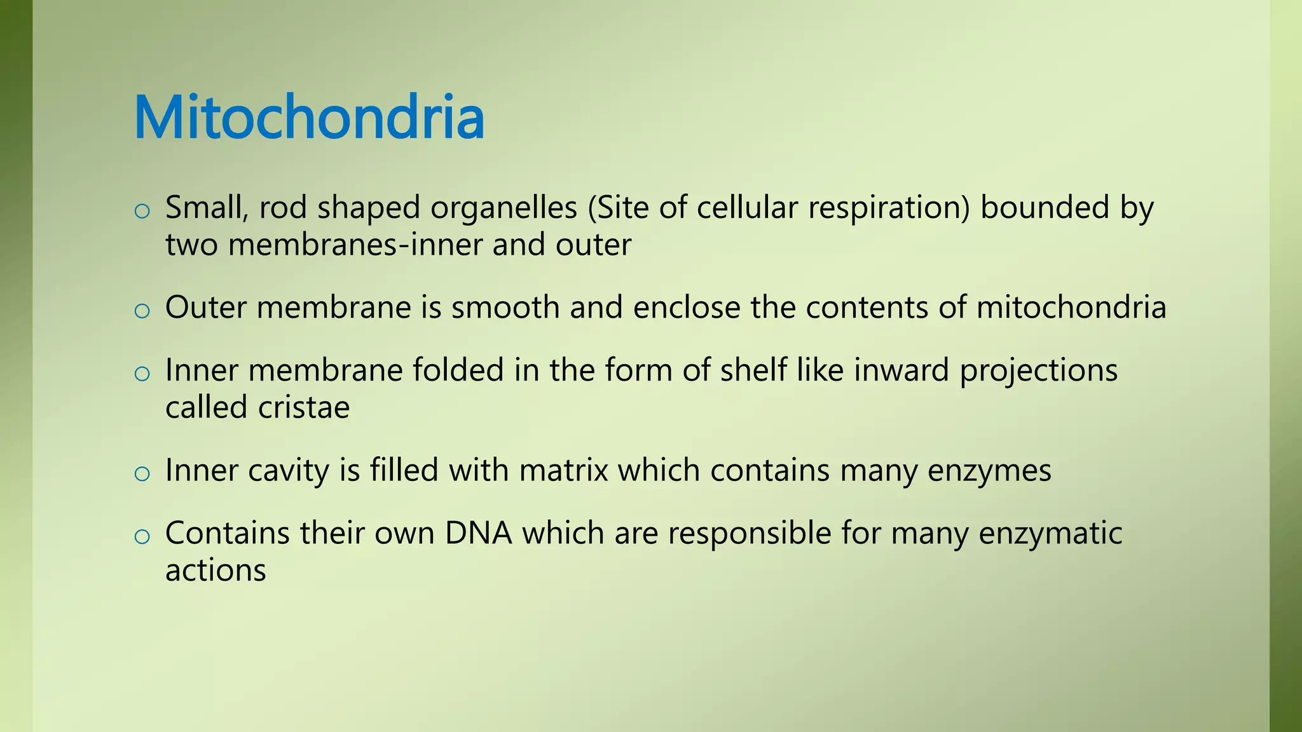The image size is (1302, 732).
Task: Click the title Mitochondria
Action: (309, 118)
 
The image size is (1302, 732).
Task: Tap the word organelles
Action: (504, 208)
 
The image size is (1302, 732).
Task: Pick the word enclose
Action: (687, 308)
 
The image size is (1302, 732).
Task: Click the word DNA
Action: (478, 533)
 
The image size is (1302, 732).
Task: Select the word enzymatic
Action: (1050, 534)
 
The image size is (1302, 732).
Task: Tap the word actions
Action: (216, 571)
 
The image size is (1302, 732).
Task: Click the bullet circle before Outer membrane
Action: (142, 311)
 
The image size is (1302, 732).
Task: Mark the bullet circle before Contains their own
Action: (142, 536)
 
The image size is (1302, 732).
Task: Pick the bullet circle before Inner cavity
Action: (142, 474)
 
